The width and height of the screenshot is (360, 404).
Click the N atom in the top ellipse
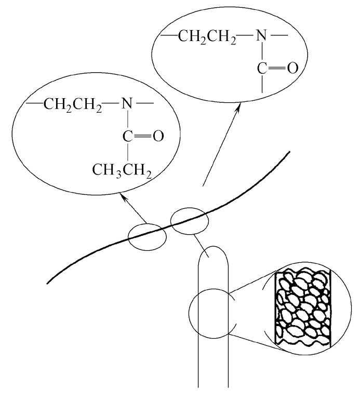260,37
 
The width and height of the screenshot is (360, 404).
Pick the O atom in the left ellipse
157,137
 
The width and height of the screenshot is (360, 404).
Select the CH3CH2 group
122,169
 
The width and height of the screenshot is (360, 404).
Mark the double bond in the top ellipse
277,69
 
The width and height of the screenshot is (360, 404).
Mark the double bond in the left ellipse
143,137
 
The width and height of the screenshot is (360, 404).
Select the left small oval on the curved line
147,236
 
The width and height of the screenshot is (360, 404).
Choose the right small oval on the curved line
190,222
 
